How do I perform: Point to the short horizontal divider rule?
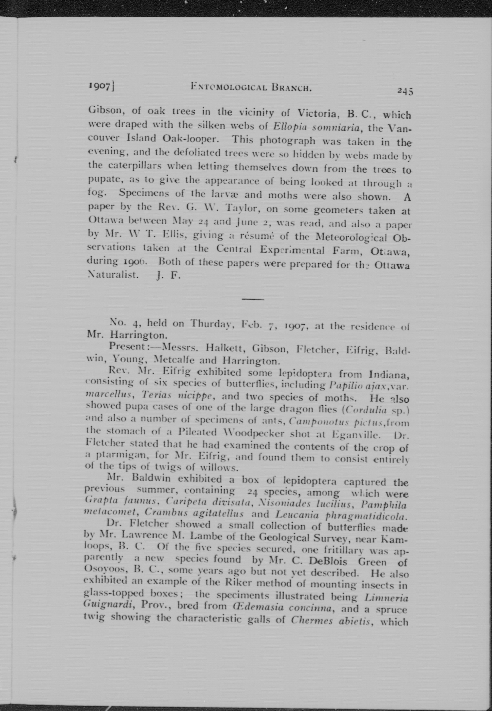point(253,299)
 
